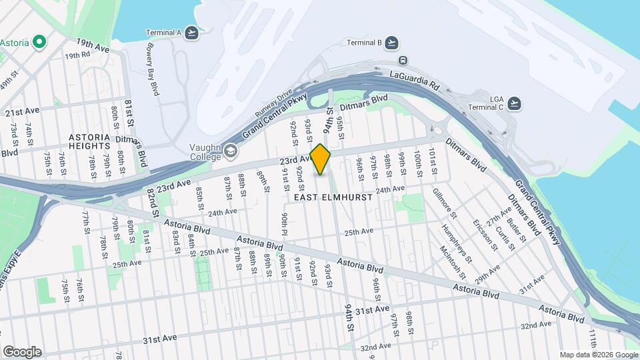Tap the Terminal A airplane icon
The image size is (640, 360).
point(192,32)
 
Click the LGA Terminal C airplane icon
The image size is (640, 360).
point(514,103)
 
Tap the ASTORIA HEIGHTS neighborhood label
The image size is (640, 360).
point(89,141)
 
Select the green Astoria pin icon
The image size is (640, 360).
point(39,43)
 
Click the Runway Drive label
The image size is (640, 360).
point(275,104)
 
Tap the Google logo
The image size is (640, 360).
point(21,352)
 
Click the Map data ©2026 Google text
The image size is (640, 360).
point(598,355)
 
